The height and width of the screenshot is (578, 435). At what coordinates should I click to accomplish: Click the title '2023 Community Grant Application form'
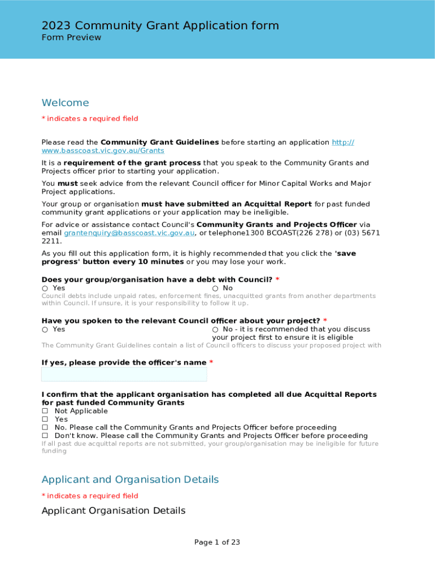(x=160, y=25)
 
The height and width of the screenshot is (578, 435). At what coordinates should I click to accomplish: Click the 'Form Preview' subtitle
(x=71, y=38)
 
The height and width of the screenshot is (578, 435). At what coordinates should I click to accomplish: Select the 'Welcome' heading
(x=65, y=103)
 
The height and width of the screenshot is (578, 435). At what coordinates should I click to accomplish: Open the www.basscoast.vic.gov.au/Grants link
(x=103, y=151)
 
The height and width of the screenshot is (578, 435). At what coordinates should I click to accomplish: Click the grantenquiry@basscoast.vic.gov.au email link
(x=129, y=233)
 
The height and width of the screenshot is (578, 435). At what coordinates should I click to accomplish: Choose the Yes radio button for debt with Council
(x=45, y=288)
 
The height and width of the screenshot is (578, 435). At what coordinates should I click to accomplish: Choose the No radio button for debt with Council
(x=215, y=288)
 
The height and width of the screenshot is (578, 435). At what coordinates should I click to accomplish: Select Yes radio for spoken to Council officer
(x=45, y=330)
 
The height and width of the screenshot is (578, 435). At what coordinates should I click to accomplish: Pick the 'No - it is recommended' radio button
(x=215, y=330)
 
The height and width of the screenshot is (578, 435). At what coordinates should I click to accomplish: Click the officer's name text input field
(x=124, y=374)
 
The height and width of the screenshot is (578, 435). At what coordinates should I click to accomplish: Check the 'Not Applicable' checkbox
(x=45, y=411)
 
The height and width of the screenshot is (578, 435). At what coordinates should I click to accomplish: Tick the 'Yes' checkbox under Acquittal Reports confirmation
(x=45, y=419)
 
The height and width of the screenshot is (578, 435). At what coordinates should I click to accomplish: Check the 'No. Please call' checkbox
(x=45, y=428)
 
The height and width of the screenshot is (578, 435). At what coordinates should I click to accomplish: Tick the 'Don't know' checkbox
(x=45, y=436)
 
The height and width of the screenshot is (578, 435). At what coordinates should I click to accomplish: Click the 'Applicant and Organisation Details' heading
(x=130, y=480)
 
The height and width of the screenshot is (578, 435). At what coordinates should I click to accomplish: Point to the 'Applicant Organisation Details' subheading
(x=113, y=511)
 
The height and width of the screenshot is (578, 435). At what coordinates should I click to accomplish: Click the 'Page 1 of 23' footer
(x=217, y=542)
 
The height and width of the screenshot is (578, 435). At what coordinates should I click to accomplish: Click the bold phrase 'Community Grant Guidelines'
(x=159, y=142)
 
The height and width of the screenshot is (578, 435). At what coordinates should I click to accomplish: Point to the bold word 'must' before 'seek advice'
(x=68, y=183)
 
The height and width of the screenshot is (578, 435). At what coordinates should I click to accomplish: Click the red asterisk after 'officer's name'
(x=211, y=362)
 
